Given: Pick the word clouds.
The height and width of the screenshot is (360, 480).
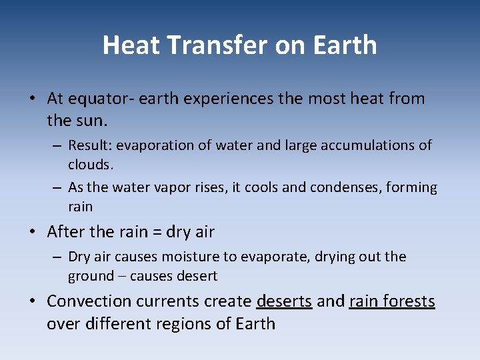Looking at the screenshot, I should point(89,164).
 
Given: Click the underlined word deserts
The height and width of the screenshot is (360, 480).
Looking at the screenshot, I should point(284,301).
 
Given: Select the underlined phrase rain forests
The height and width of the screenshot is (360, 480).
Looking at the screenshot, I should point(392,301).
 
